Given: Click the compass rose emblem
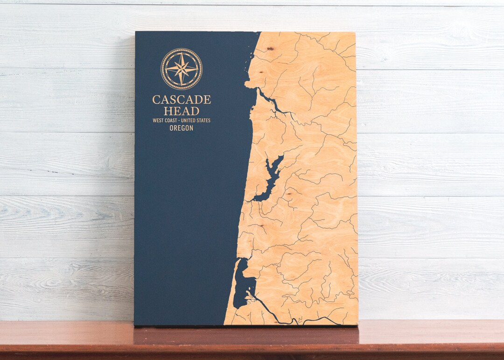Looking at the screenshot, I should [x=181, y=69].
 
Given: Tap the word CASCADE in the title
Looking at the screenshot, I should [x=181, y=99].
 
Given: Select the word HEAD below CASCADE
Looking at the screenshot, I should [x=181, y=111].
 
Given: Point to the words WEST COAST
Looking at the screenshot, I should [x=165, y=120].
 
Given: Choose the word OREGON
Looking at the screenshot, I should [x=181, y=128].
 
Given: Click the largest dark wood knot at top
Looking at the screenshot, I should [x=271, y=48].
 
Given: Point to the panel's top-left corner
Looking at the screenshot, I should [x=136, y=32].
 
